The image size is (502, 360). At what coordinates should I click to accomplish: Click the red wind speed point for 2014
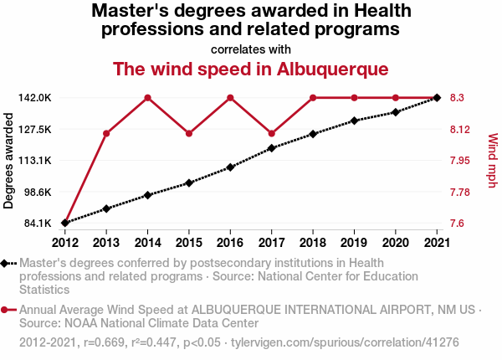147,98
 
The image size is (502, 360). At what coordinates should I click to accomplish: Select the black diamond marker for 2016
230,167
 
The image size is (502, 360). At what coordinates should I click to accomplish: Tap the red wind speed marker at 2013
106,134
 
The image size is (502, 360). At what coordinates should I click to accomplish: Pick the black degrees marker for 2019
354,121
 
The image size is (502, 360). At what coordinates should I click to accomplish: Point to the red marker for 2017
272,134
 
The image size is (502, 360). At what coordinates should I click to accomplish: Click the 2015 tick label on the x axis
189,243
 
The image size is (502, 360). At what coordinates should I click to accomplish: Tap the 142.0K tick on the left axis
35,98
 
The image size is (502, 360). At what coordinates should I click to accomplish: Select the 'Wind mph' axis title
492,161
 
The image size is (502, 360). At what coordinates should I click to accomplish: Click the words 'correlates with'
250,49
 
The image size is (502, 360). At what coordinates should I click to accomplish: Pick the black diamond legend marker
6,263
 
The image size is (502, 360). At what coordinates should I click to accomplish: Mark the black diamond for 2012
64,223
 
